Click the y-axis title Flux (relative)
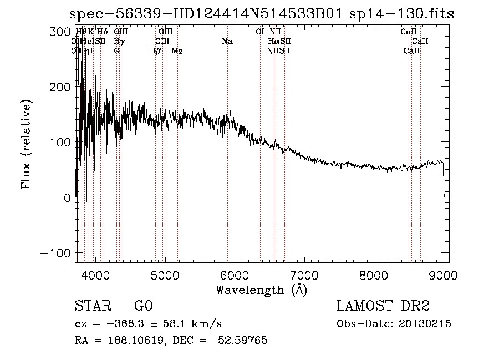click(x=27, y=144)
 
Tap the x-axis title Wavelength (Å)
click(x=261, y=290)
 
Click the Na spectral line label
click(x=227, y=42)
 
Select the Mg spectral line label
click(x=177, y=51)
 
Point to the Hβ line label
click(x=156, y=51)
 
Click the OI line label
click(x=259, y=32)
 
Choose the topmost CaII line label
click(x=409, y=32)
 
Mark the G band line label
click(x=116, y=51)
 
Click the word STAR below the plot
click(x=92, y=306)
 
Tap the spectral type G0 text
click(x=143, y=306)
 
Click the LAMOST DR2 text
click(x=383, y=306)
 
